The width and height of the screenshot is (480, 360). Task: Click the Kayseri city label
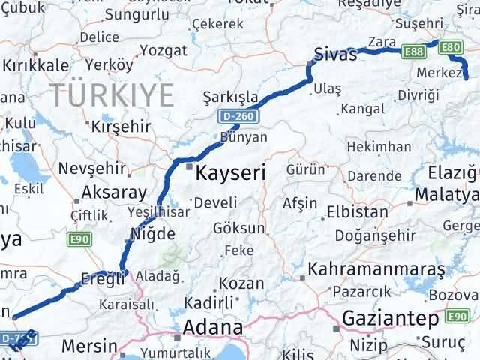click(x=230, y=174)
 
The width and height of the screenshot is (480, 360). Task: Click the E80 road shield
click(x=451, y=47)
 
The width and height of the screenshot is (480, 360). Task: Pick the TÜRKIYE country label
click(x=112, y=95)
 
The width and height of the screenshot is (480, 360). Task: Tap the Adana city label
click(x=214, y=328)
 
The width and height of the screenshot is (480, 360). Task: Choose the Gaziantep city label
click(x=390, y=319)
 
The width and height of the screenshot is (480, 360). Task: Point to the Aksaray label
click(x=114, y=192)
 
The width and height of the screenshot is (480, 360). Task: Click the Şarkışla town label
click(x=231, y=97)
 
